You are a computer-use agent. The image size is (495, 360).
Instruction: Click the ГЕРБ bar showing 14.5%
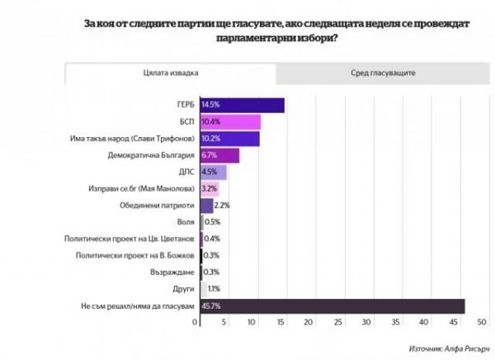[242, 105]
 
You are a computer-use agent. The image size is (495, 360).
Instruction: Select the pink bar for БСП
[230, 122]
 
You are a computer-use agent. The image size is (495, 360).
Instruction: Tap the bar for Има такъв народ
[230, 139]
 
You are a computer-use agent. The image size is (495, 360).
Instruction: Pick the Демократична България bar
[220, 156]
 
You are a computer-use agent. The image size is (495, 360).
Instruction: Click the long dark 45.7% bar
[333, 305]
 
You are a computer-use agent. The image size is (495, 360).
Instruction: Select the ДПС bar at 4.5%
[213, 173]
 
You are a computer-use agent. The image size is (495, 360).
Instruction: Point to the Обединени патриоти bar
[207, 205]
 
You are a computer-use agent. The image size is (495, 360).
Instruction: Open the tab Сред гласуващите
[378, 73]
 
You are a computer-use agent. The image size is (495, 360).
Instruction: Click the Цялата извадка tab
[170, 73]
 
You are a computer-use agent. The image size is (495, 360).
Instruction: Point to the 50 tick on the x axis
[481, 322]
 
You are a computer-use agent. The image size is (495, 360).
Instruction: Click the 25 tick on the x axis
[337, 322]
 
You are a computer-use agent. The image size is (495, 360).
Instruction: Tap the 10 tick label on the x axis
[251, 322]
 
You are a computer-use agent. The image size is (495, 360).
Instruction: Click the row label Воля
[185, 222]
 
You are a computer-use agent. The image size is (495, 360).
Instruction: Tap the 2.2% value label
[223, 205]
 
